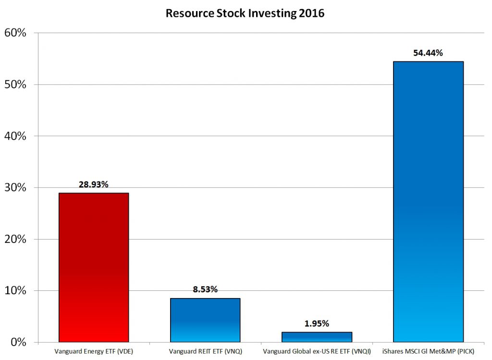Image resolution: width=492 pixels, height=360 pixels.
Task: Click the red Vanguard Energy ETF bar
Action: tap(93, 267)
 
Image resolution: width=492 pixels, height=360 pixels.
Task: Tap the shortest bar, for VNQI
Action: tap(317, 337)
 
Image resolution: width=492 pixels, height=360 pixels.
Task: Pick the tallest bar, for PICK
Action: tap(428, 202)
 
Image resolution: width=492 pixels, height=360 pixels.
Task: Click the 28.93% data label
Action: tap(93, 184)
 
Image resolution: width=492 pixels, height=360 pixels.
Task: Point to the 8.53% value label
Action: tap(205, 289)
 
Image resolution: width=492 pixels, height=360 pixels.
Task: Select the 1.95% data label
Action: tap(317, 324)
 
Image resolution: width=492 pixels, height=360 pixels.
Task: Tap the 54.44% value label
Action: tap(428, 53)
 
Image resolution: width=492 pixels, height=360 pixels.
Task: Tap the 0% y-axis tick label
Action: tap(18, 342)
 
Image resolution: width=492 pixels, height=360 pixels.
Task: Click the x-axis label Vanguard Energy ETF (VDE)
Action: tap(93, 351)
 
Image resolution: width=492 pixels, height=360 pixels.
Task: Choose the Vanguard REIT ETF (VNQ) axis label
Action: tap(205, 351)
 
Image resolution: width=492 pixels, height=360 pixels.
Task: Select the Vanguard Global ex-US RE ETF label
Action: tap(317, 351)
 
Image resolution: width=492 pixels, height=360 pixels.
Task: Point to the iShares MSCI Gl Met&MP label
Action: tap(428, 351)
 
